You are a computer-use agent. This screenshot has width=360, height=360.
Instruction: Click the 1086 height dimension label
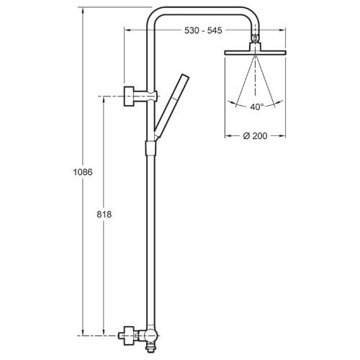tap(83, 172)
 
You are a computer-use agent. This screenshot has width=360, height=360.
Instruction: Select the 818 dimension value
tap(104, 215)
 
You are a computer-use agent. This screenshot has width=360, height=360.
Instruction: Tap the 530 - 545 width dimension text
tap(203, 30)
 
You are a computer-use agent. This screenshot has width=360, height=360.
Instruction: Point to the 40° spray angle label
tap(256, 107)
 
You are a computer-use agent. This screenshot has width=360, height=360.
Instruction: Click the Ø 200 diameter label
tap(255, 136)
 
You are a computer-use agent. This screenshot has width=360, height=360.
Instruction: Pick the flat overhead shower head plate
tap(255, 53)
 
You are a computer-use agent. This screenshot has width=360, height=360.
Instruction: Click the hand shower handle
tap(171, 106)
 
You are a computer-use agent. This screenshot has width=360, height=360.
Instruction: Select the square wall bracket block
tap(129, 96)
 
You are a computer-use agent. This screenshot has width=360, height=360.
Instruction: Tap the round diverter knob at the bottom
tap(151, 336)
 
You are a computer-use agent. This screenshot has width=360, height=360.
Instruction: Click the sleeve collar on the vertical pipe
tap(150, 148)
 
